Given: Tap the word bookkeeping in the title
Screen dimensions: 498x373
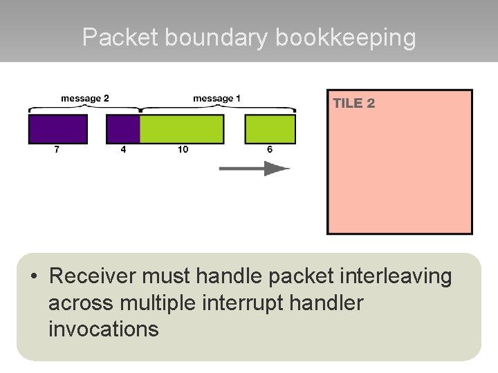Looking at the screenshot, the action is click(x=346, y=37).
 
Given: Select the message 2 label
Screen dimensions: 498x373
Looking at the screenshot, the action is click(x=85, y=99).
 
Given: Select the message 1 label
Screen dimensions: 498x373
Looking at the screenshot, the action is click(x=216, y=99).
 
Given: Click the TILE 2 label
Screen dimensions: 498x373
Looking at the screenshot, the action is click(x=354, y=104).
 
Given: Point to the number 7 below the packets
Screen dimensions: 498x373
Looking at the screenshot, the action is click(x=57, y=149).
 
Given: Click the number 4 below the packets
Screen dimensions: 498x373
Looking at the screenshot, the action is click(x=123, y=149).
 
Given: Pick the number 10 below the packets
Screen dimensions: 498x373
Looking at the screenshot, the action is click(x=183, y=149).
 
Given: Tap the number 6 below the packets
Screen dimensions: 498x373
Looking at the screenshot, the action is click(x=270, y=149).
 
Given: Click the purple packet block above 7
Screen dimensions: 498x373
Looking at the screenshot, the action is click(x=58, y=129).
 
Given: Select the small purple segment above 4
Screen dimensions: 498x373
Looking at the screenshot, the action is click(x=123, y=129).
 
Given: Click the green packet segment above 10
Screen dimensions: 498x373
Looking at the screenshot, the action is click(x=182, y=129).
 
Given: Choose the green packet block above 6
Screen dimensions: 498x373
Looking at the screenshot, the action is click(x=270, y=129).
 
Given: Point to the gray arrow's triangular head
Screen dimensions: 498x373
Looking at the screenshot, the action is click(x=276, y=169).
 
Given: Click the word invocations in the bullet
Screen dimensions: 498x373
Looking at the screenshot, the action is click(x=104, y=329).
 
